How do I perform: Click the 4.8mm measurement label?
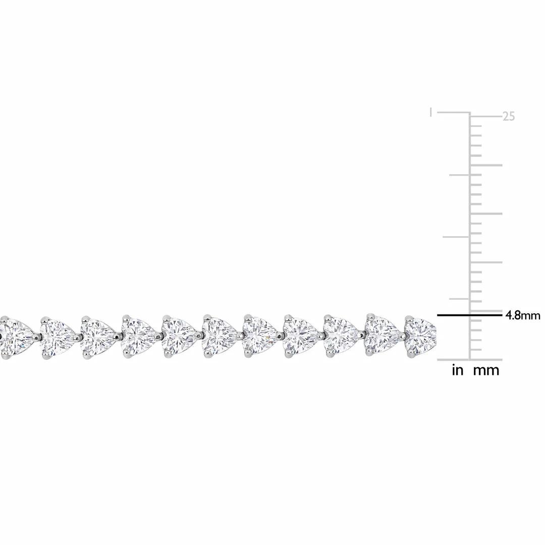pyautogui.click(x=523, y=316)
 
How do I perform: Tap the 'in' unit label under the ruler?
pyautogui.click(x=457, y=371)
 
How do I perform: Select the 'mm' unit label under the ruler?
pyautogui.click(x=486, y=371)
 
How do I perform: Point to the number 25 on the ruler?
pyautogui.click(x=508, y=117)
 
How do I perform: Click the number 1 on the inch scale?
pyautogui.click(x=430, y=112)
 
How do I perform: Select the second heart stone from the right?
pyautogui.click(x=381, y=335)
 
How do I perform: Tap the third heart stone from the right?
pyautogui.click(x=341, y=335)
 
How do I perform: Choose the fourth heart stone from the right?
pyautogui.click(x=301, y=335)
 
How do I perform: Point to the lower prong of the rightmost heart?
pyautogui.click(x=410, y=354)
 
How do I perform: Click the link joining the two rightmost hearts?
pyautogui.click(x=402, y=335)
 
